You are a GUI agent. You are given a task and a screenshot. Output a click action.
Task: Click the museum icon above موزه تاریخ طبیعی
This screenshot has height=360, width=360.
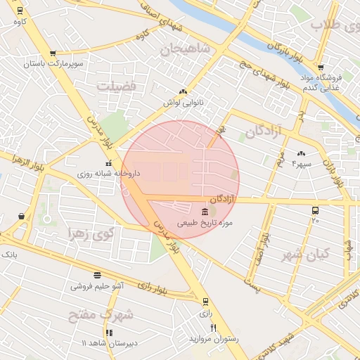coord(205,212)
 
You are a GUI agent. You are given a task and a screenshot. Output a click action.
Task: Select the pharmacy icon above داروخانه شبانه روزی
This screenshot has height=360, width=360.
coord(108,164)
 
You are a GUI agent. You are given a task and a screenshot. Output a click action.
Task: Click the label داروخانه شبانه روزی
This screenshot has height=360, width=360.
coord(108,173)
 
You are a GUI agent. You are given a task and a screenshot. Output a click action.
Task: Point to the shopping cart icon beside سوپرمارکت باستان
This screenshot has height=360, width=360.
coord(53,53)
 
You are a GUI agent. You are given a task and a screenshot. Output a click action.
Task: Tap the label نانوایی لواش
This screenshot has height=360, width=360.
coord(183,103)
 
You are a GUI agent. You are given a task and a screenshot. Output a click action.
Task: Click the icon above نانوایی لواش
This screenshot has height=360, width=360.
coord(183,92)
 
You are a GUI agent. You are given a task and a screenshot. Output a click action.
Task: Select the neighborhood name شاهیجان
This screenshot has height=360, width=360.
coord(185,49)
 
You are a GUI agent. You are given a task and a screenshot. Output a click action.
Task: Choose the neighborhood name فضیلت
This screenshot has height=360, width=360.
coord(117,86)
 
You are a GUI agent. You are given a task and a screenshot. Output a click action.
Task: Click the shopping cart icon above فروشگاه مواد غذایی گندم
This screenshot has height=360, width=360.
coord(321,67)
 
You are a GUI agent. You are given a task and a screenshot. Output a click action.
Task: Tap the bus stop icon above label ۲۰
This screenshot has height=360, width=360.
coord(314,210)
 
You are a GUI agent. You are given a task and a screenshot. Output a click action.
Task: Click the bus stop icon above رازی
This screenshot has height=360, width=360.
coord(205,302)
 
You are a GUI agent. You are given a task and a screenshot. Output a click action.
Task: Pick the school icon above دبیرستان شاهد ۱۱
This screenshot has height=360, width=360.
coord(109,333)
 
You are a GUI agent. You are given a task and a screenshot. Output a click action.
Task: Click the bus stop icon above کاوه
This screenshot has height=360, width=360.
coord(19,11)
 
